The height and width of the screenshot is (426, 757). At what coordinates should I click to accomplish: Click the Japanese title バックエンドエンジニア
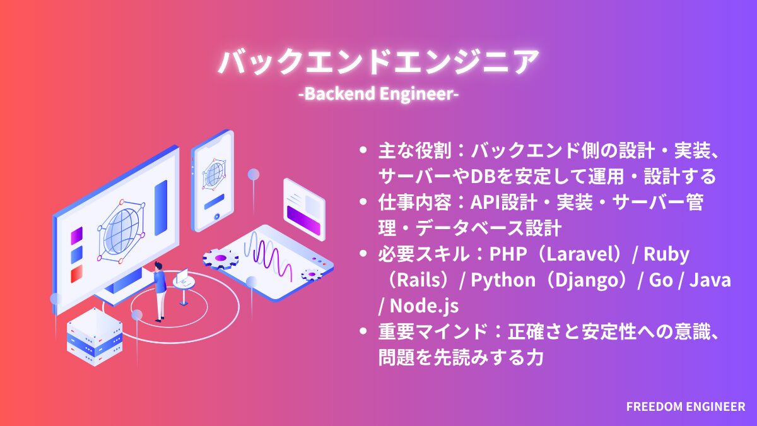(378, 62)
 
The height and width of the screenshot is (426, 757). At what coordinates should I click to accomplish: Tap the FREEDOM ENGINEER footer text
(685, 407)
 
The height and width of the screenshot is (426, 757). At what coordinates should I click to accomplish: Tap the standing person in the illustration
(159, 290)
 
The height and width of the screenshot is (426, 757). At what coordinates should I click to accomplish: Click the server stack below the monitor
(95, 338)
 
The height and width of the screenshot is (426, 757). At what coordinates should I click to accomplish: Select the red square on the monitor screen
(77, 275)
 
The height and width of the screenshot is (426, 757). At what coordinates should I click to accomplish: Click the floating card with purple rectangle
(303, 209)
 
